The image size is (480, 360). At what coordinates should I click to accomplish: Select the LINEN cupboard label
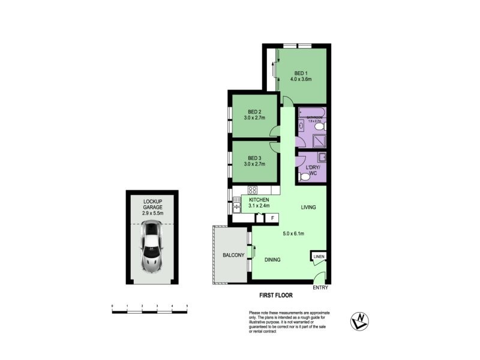coord(319,257)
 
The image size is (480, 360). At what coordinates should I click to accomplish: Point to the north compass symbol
coord(359,321)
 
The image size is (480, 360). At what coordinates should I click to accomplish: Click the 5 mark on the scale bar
coord(187,307)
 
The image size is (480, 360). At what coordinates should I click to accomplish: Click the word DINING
coord(272,259)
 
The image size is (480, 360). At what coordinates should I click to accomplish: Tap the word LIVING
coord(308,207)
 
